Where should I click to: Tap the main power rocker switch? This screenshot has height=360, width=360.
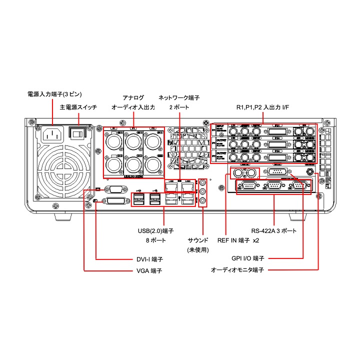(77, 132)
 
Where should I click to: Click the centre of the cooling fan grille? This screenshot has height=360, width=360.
(62, 170)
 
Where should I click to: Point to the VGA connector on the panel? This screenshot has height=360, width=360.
(114, 189)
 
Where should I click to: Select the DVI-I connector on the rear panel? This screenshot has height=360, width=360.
(114, 201)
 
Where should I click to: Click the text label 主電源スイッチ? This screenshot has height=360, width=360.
(78, 107)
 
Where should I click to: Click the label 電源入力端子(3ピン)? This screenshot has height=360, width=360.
(54, 94)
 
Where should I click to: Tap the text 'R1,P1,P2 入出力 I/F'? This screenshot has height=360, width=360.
(262, 107)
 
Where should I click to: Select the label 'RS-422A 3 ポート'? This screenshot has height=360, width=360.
(273, 231)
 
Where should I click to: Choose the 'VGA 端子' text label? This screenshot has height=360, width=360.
(150, 270)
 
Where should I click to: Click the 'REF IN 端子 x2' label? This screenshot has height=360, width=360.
(238, 240)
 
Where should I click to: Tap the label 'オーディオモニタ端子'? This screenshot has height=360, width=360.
(237, 269)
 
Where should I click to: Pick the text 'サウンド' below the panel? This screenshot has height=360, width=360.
(197, 240)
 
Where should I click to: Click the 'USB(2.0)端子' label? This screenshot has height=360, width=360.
(156, 231)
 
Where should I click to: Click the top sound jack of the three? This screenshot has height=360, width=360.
(202, 183)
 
